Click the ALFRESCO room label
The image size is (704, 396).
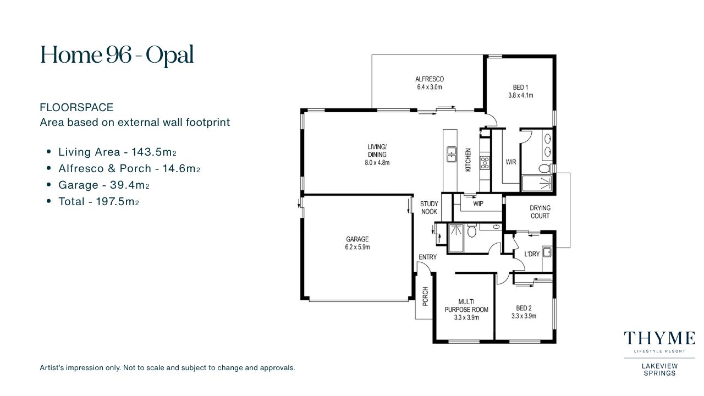point(430,79)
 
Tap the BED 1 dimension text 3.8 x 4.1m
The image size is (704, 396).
point(520,95)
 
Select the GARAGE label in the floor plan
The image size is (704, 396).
point(358,239)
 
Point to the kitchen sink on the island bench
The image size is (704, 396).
point(452,155)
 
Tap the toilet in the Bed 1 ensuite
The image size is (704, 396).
point(545,168)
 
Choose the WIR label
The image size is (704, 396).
point(511,162)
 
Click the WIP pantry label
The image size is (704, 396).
point(478,204)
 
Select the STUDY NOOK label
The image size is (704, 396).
point(429,208)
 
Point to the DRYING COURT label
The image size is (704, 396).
point(540,212)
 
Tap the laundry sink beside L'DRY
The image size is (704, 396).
point(547,252)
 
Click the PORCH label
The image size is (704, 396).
point(425,296)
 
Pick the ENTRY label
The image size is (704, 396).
point(428,257)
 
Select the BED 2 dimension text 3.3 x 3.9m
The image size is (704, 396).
point(524,316)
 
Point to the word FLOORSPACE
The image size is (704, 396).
point(76,107)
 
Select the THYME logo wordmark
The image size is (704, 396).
point(659,338)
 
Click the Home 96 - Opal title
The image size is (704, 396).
point(117,54)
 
